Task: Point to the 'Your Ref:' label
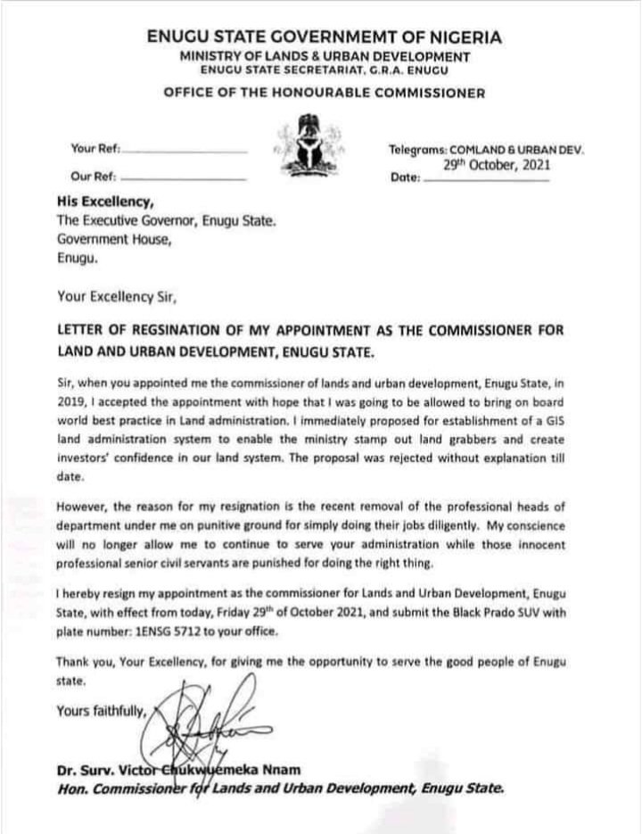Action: pos(95,148)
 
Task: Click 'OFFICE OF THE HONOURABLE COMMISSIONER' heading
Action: pos(325,93)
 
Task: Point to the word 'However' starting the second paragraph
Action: pos(83,506)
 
